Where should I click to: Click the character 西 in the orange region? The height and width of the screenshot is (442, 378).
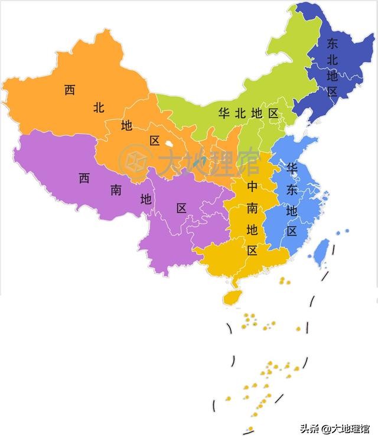point(70,90)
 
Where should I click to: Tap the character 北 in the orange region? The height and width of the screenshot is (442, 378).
point(99,108)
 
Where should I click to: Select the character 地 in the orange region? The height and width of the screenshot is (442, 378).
point(127,125)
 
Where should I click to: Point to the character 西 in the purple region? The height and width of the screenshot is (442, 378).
point(84,178)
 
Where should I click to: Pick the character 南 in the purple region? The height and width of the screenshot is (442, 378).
point(116,189)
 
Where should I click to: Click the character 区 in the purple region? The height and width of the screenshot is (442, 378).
point(181,208)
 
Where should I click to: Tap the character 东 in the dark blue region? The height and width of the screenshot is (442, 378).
point(333,43)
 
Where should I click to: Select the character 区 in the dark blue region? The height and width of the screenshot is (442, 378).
point(333,92)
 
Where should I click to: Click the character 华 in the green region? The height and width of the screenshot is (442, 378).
point(224,112)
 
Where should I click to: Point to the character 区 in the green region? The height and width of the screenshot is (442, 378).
point(273,112)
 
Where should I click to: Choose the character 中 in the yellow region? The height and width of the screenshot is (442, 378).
point(252,187)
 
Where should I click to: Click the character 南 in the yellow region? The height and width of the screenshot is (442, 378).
point(252,208)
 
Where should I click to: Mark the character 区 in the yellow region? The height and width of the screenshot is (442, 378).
point(252,250)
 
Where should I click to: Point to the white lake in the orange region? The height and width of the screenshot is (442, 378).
point(170,143)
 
